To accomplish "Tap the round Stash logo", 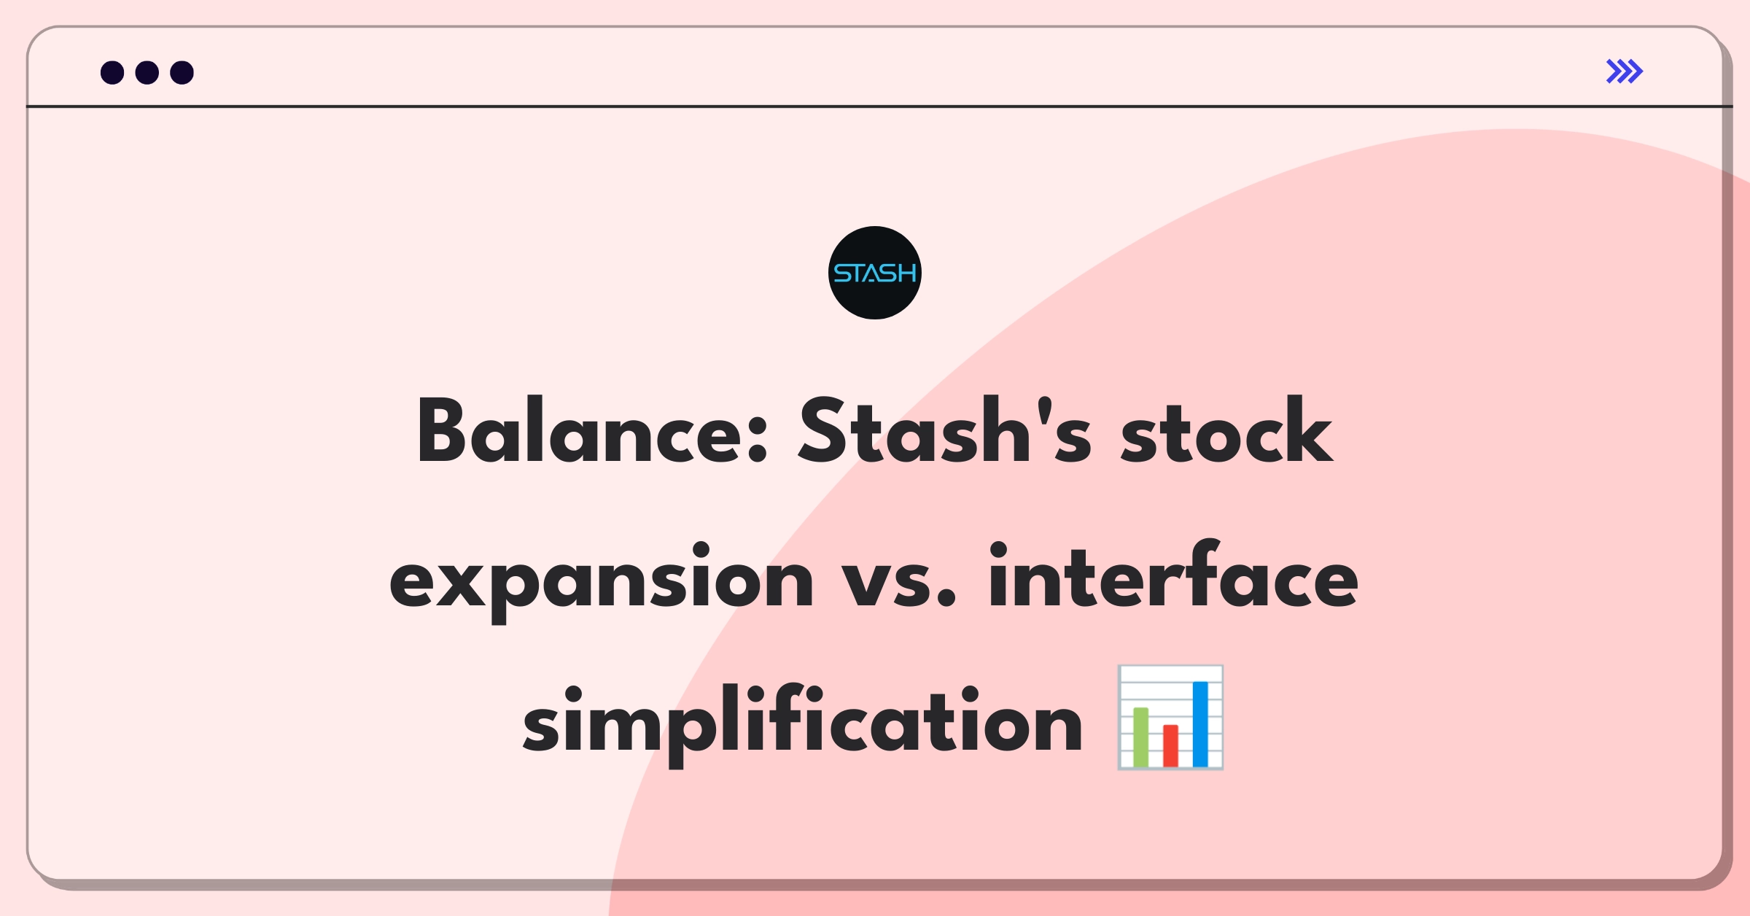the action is point(875,273).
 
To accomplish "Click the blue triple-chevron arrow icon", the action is point(1625,71).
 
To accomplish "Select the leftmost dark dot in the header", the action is point(112,72).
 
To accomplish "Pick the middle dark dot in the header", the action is point(147,72).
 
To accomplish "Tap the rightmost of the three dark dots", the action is point(182,72).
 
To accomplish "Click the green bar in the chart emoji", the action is point(1141,737).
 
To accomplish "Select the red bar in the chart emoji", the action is point(1170,745).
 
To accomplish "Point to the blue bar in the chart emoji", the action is point(1200,723).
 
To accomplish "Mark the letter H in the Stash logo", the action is point(906,273).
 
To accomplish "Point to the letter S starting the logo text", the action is point(842,273).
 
